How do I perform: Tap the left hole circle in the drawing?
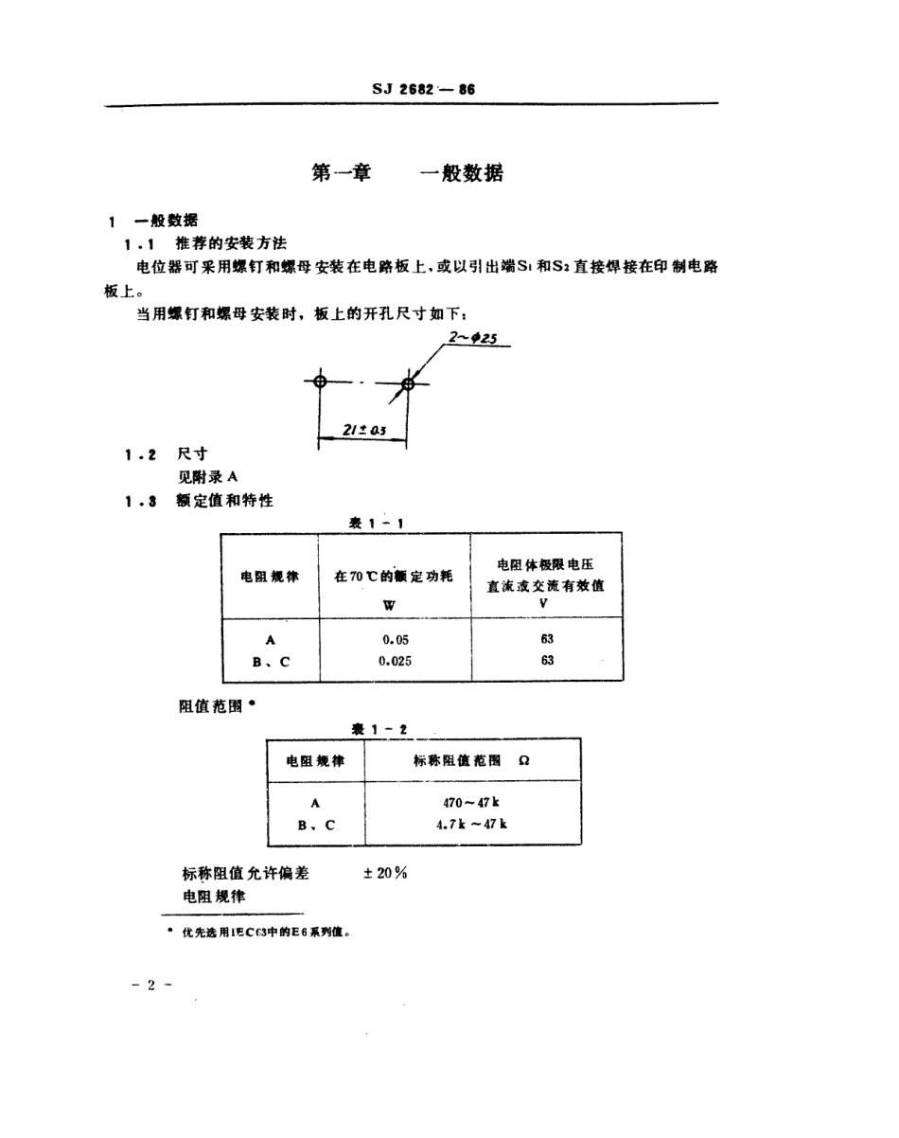320,382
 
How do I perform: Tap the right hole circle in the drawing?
408,383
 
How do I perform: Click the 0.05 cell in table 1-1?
395,639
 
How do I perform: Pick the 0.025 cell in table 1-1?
395,661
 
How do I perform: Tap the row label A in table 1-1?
270,639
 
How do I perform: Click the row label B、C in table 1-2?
315,824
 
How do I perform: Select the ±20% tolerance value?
384,873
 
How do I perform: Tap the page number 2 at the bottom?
151,985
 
